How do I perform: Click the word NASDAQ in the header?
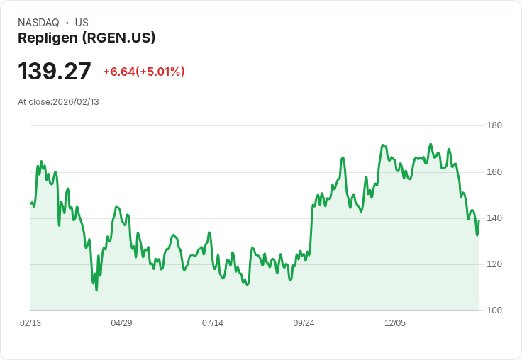[38, 23]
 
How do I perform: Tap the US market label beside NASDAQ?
[82, 23]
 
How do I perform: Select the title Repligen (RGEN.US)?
[87, 38]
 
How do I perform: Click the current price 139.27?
[55, 72]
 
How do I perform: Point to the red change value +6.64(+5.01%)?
[144, 72]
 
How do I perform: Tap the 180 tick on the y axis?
[494, 125]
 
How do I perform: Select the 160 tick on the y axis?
[494, 172]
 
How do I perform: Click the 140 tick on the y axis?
[494, 218]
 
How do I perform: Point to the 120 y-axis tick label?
[494, 264]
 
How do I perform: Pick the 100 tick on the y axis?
[494, 310]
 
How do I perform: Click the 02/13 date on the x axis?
[30, 323]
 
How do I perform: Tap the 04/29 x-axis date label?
[121, 323]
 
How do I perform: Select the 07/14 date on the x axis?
[213, 323]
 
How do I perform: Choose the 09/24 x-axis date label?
[304, 323]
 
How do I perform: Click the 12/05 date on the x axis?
[395, 323]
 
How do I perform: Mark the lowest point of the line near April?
[96, 290]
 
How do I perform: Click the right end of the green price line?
[479, 220]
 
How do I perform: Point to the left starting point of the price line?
[31, 203]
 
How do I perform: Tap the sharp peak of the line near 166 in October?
[343, 158]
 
